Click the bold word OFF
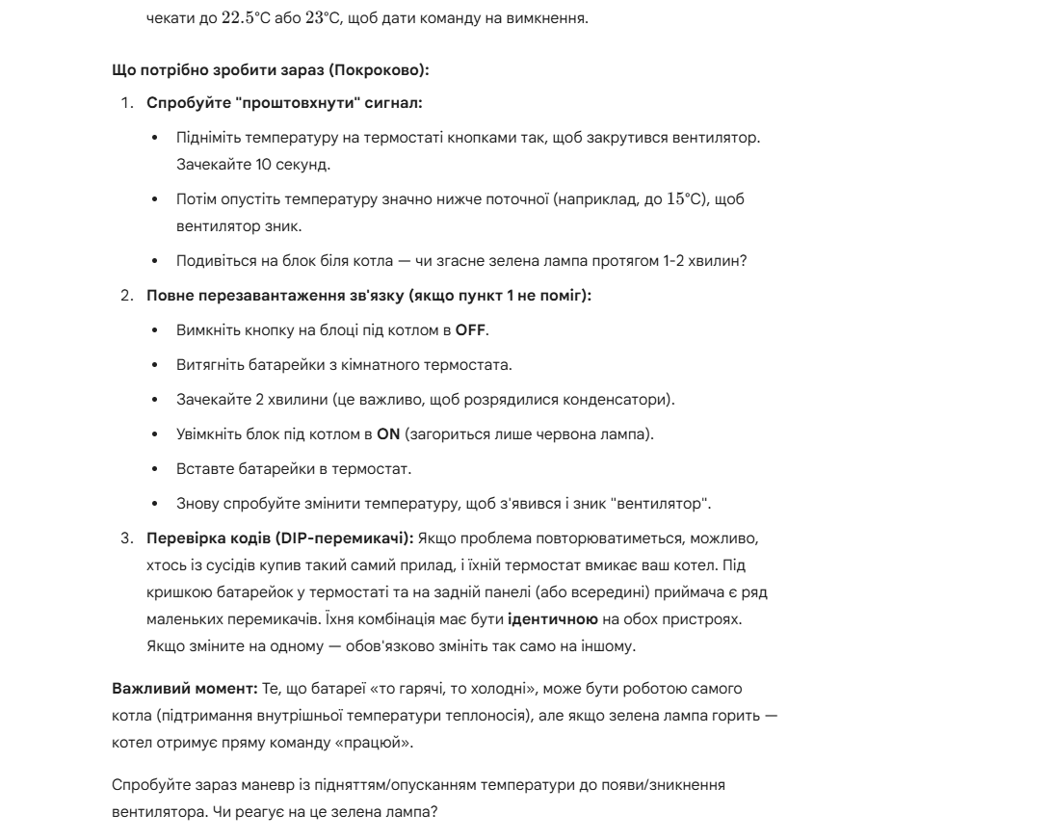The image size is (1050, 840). pos(471,330)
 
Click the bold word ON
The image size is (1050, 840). pos(388,434)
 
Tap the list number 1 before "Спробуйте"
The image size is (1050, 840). pos(126,102)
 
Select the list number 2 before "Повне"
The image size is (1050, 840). pos(126,295)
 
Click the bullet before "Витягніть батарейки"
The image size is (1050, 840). pos(156,365)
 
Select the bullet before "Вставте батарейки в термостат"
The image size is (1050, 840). pos(156,469)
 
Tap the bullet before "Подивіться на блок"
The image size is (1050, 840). pos(156,261)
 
